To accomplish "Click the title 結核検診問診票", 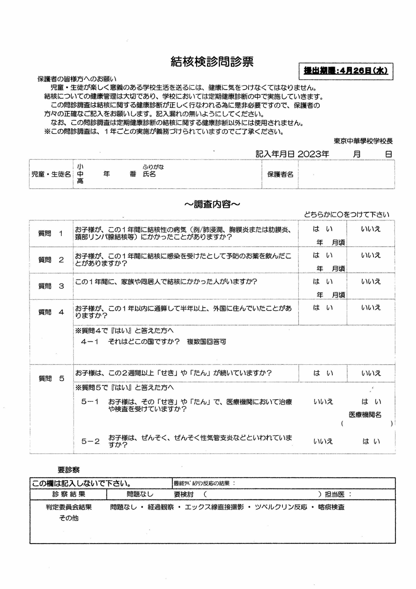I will coord(212,62).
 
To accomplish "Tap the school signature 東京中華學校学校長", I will coord(363,141).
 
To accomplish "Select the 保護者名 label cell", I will coord(280,174).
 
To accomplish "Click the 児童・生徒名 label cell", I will coord(51,174).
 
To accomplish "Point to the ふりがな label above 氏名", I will coord(153,167).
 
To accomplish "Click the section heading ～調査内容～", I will coord(212,204).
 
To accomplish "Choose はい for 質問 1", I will coord(322,229).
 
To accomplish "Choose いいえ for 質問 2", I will coord(371,255).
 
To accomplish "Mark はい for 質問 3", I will coord(322,281).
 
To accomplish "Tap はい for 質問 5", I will coord(323,373).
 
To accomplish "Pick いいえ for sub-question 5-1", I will coord(323,401).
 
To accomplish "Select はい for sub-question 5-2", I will coord(371,441).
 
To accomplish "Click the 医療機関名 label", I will coord(365,415).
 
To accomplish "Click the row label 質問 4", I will coord(51,312).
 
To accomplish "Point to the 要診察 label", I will coord(68,470).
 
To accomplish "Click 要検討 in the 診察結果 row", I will coord(183,494).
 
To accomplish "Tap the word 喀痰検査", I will coord(331,507).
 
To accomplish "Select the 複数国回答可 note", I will coord(206,342).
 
